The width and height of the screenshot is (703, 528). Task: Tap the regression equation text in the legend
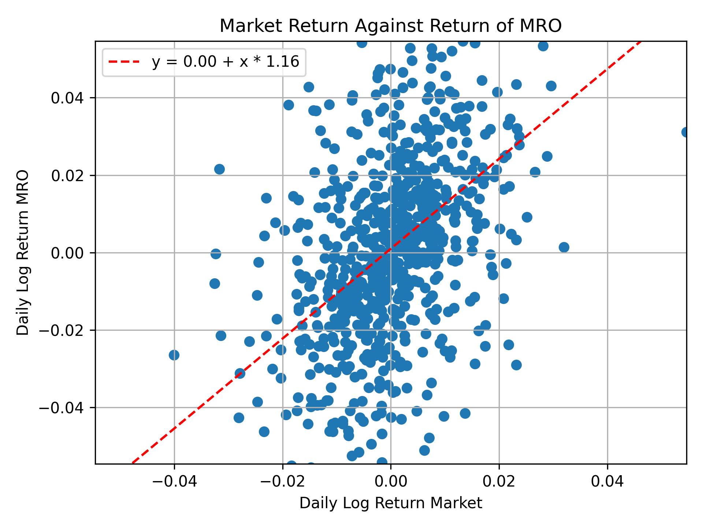tap(226, 62)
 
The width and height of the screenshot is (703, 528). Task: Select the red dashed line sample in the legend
tap(124, 62)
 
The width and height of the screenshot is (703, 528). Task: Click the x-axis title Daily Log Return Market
tap(391, 503)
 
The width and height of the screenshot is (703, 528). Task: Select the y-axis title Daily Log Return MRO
tap(23, 252)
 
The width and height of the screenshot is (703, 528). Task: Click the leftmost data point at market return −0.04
tap(174, 355)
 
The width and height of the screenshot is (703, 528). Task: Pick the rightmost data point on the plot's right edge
tap(685, 132)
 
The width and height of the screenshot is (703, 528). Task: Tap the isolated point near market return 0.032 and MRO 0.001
tap(564, 247)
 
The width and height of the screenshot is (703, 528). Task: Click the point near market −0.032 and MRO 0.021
tap(219, 169)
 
